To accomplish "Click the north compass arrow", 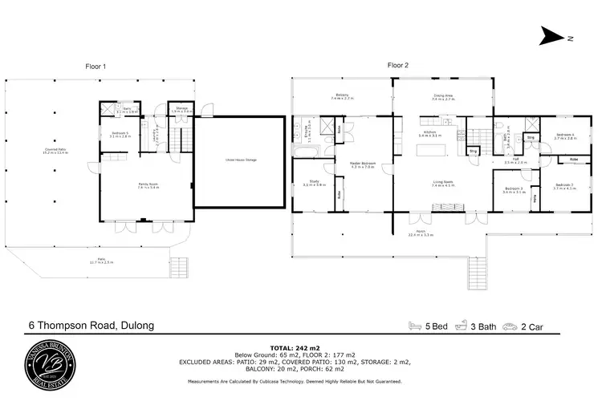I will [x=552, y=35].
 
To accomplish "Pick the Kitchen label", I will [x=430, y=133].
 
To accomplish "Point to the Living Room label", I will [x=443, y=183].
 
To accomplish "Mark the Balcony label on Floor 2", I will [x=341, y=96].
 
